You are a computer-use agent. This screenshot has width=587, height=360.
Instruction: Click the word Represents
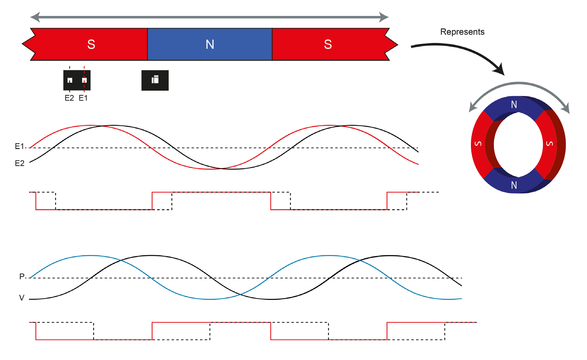click(x=462, y=32)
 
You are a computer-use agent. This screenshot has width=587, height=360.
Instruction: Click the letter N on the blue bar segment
click(x=210, y=44)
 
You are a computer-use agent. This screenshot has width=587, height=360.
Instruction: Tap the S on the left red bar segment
click(x=91, y=44)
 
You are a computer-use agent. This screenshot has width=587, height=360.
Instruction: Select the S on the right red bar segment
click(x=328, y=44)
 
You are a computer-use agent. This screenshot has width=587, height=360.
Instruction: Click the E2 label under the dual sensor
click(x=69, y=98)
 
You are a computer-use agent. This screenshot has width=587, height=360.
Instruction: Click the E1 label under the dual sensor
click(x=83, y=98)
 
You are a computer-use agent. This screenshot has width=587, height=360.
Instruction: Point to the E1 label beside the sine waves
click(x=20, y=146)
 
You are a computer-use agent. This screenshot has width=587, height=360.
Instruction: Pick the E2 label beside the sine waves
click(x=20, y=164)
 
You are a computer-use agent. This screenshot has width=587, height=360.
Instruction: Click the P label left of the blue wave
click(x=22, y=277)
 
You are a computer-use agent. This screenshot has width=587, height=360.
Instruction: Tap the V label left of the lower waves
click(x=22, y=298)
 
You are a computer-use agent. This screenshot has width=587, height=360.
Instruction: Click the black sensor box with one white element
click(x=155, y=80)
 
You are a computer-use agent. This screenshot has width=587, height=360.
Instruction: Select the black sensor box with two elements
click(x=77, y=80)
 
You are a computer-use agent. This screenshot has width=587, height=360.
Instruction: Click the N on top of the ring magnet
click(x=514, y=104)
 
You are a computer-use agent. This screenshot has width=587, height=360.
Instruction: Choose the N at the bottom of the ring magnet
click(x=514, y=185)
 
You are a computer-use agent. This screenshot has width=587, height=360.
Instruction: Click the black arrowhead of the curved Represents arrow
click(x=499, y=70)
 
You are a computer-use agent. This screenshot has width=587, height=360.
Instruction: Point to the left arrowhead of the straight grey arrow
click(x=35, y=17)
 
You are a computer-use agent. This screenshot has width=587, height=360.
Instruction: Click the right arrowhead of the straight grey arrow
click(x=384, y=17)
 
